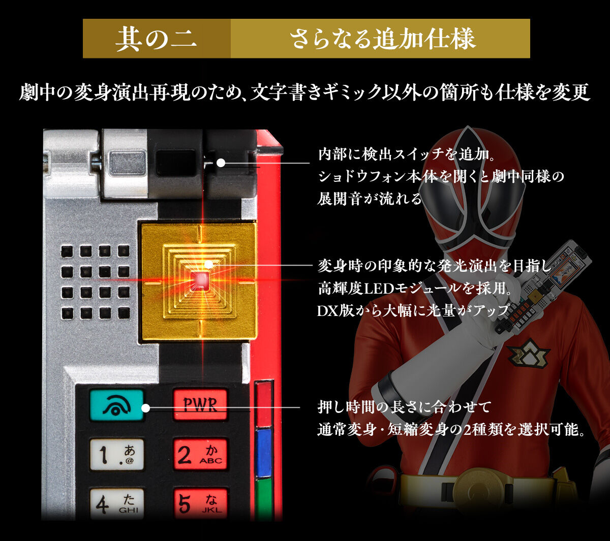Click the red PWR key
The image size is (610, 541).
[200, 404]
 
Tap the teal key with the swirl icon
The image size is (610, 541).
[116, 404]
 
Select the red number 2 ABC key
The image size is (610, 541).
[200, 454]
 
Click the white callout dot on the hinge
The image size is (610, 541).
[221, 163]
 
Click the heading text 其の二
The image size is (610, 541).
[156, 39]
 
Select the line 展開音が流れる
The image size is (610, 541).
[370, 199]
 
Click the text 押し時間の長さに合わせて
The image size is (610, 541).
[404, 407]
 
